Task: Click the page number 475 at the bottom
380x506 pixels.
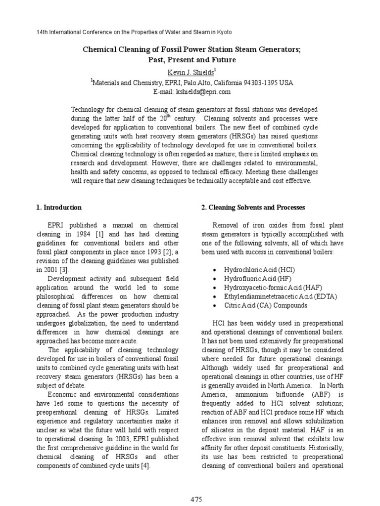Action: pos(196,499)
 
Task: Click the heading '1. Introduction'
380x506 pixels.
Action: pos(59,208)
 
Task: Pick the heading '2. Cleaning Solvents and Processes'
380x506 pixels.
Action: pos(253,208)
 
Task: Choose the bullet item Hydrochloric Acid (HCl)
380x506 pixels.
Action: pos(256,270)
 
